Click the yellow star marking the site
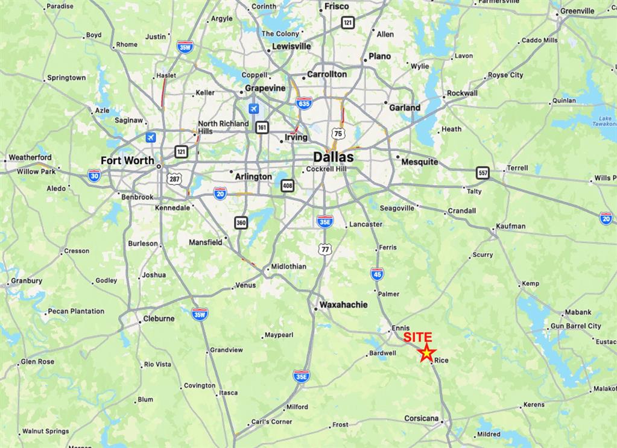point(426,354)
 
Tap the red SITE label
point(417,338)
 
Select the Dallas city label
point(333,157)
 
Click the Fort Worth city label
point(127,160)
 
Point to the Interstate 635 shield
point(304,103)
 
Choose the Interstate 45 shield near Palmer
point(377,274)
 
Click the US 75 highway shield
point(338,133)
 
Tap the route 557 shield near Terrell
point(482,172)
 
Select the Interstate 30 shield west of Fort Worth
point(94,175)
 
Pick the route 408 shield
point(287,186)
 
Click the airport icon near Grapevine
point(254,109)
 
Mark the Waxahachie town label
point(343,304)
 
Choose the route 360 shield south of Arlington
point(241,223)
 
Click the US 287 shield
point(174,179)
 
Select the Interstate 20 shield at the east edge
point(606,218)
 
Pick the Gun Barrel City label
point(576,326)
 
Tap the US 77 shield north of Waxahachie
point(325,248)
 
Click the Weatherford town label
point(30,157)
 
